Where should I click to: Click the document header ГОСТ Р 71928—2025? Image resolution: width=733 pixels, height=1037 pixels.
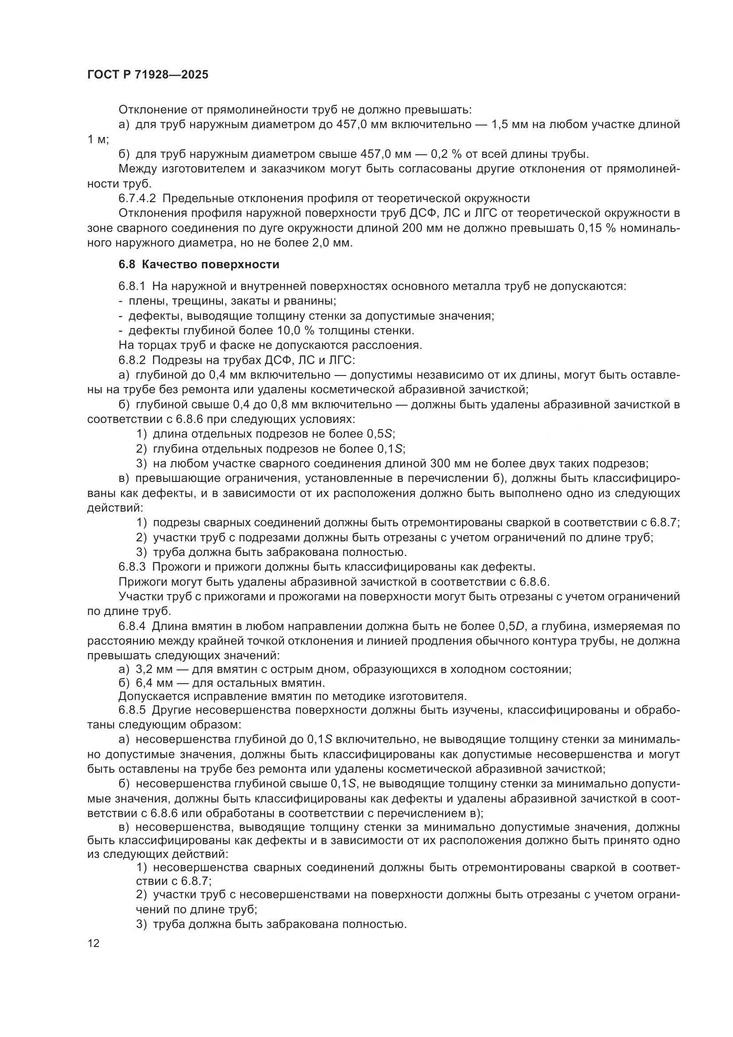click(x=148, y=75)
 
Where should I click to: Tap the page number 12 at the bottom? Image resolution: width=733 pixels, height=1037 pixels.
click(x=94, y=943)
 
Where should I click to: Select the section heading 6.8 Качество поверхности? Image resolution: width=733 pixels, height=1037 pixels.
click(x=199, y=265)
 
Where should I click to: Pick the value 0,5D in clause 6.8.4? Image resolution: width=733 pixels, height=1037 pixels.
click(x=512, y=626)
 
